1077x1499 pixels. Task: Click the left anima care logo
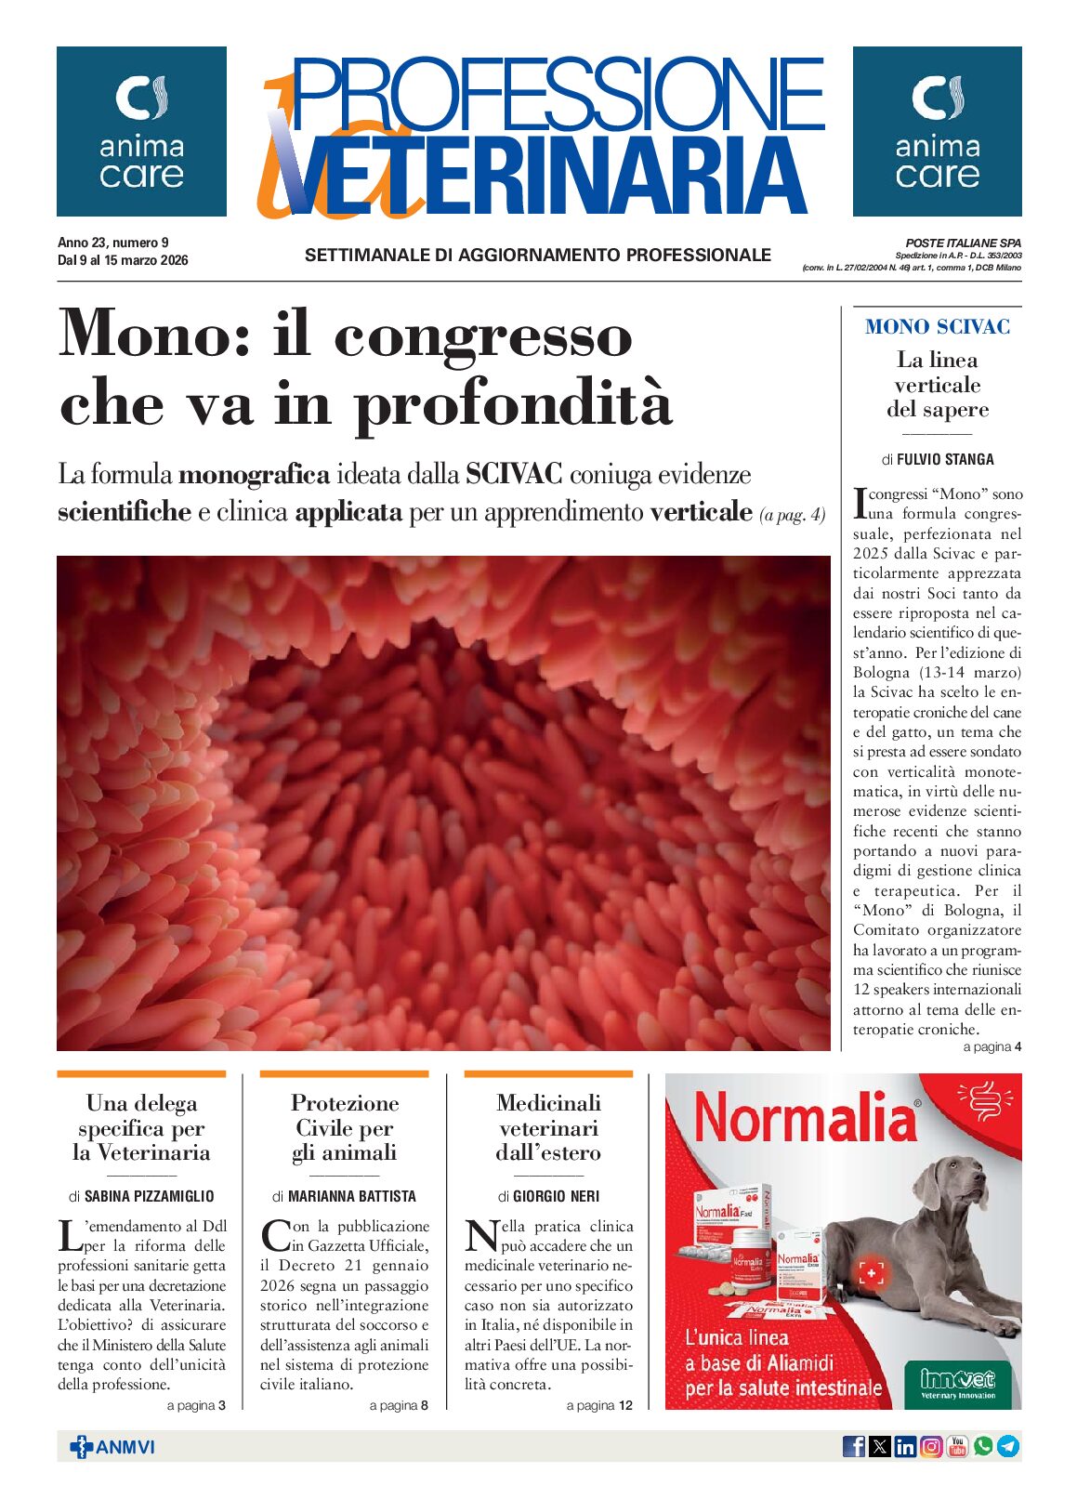coord(141,131)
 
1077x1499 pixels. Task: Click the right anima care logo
coord(937,131)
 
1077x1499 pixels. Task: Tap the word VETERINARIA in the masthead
coord(548,177)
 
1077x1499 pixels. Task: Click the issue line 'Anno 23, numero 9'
coord(113,243)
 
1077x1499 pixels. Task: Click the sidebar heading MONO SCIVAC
coord(937,326)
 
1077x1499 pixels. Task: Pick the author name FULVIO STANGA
coord(945,459)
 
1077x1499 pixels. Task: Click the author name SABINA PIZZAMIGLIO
coord(149,1196)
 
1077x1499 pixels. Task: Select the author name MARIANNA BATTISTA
coord(351,1196)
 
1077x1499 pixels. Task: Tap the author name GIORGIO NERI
coord(556,1196)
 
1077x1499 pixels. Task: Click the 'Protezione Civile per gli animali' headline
coord(344,1127)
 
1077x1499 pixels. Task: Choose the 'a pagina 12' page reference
coord(599,1405)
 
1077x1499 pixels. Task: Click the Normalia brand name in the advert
coord(805,1119)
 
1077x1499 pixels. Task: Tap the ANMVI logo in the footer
coord(112,1447)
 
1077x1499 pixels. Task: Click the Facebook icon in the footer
coord(853,1446)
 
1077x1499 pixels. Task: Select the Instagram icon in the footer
coord(931,1446)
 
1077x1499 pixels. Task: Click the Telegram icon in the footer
coord(1008,1446)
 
